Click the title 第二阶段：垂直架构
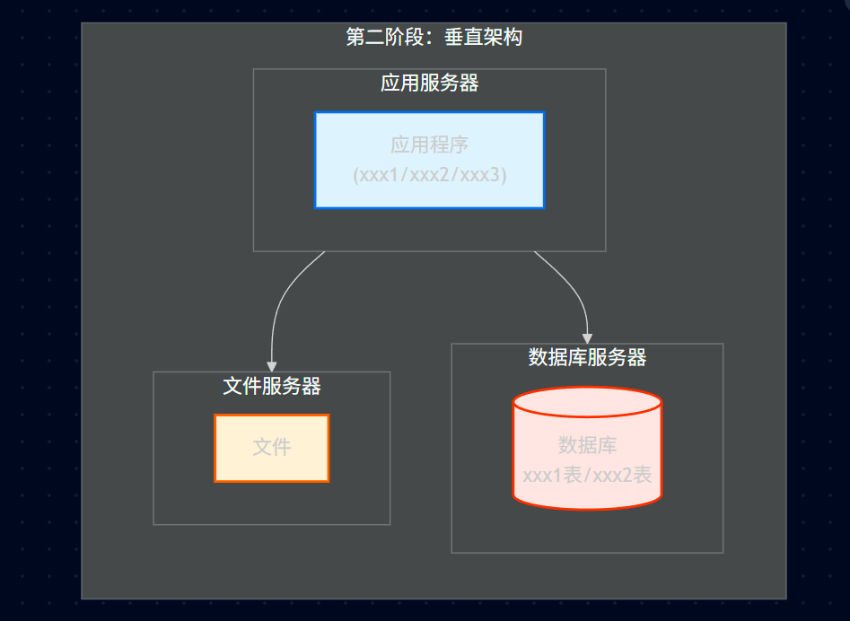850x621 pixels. [x=434, y=38]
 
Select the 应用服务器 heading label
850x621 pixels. [x=429, y=83]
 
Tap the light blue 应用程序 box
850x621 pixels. [x=429, y=160]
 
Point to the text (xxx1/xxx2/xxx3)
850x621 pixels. [x=430, y=175]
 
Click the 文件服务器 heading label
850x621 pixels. [x=271, y=387]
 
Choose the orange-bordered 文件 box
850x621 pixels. [x=271, y=448]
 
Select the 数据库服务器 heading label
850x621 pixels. [x=587, y=358]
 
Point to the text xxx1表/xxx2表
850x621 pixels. [x=587, y=476]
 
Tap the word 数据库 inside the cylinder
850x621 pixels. [x=587, y=445]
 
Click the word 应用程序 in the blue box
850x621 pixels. [x=429, y=144]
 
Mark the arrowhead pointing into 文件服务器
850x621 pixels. [x=272, y=366]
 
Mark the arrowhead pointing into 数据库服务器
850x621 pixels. [x=587, y=337]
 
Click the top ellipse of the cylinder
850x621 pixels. [x=587, y=403]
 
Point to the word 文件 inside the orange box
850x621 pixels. [x=271, y=447]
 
